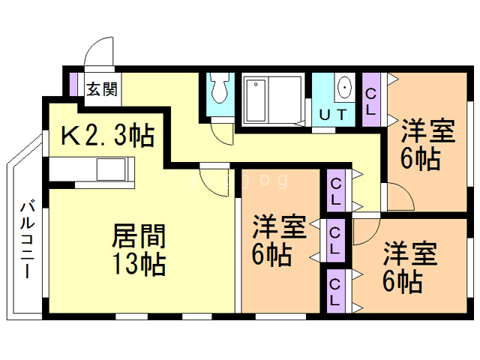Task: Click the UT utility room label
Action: click(333, 115)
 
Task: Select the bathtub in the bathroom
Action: click(256, 100)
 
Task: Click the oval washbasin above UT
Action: click(344, 87)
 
